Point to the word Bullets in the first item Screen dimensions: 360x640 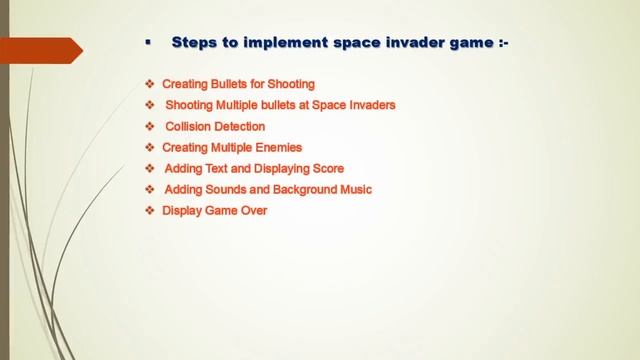(232, 84)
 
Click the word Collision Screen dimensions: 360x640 (190, 127)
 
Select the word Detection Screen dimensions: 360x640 (242, 127)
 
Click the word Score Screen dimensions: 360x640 (326, 169)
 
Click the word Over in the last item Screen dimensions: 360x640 (254, 211)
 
